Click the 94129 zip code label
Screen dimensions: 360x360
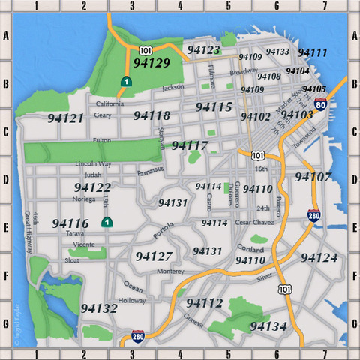[x=151, y=64]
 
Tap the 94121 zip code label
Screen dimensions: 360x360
[x=65, y=118]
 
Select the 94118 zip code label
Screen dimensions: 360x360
[x=151, y=115]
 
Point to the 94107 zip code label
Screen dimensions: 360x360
[x=313, y=177]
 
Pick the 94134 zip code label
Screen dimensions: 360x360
[x=268, y=326]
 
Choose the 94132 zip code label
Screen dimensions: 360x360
[x=99, y=307]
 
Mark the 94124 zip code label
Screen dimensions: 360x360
[x=319, y=257]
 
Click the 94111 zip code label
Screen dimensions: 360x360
[x=312, y=52]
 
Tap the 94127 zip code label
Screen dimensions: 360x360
[x=154, y=256]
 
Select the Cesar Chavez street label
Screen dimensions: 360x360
[x=253, y=223]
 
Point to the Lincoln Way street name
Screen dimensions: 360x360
[x=93, y=163]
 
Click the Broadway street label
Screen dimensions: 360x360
[x=243, y=72]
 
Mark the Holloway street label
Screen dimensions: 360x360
[x=132, y=300]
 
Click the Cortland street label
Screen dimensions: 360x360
[x=250, y=248]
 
